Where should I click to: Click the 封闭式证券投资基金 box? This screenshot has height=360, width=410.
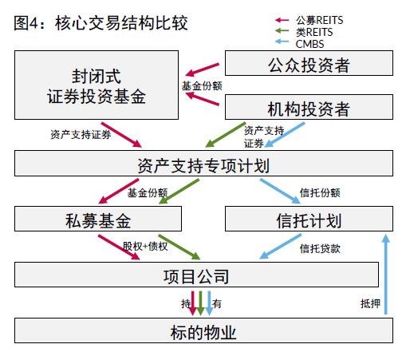pos(97,85)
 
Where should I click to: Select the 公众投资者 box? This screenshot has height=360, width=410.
pos(309,63)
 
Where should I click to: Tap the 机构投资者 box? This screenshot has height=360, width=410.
pos(309,107)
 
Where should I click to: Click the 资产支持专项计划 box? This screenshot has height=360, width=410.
pos(203,163)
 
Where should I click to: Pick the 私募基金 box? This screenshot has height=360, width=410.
pos(98,219)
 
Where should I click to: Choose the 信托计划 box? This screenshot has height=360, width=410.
pos(309,219)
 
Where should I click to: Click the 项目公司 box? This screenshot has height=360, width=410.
pos(196,275)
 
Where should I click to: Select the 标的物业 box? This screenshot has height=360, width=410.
pos(203,330)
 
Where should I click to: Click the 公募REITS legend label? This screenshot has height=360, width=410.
pos(319,20)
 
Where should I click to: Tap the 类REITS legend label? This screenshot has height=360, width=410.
pos(314,32)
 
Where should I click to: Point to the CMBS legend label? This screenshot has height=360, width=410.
pos(309,44)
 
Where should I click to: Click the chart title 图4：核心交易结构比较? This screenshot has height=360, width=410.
pos(101,23)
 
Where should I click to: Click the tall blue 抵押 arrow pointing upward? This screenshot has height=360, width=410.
pos(386,275)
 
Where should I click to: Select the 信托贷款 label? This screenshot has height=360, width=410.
pos(320,249)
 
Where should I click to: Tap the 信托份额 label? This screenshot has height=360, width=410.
pos(320,193)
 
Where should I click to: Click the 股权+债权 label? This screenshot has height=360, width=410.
pos(145,247)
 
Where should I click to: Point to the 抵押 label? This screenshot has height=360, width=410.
pos(370,303)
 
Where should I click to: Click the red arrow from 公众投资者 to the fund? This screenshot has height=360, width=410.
pos(202,69)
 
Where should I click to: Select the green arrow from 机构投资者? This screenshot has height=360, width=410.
pos(225,135)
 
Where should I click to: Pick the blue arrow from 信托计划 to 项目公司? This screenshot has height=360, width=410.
pos(280,247)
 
